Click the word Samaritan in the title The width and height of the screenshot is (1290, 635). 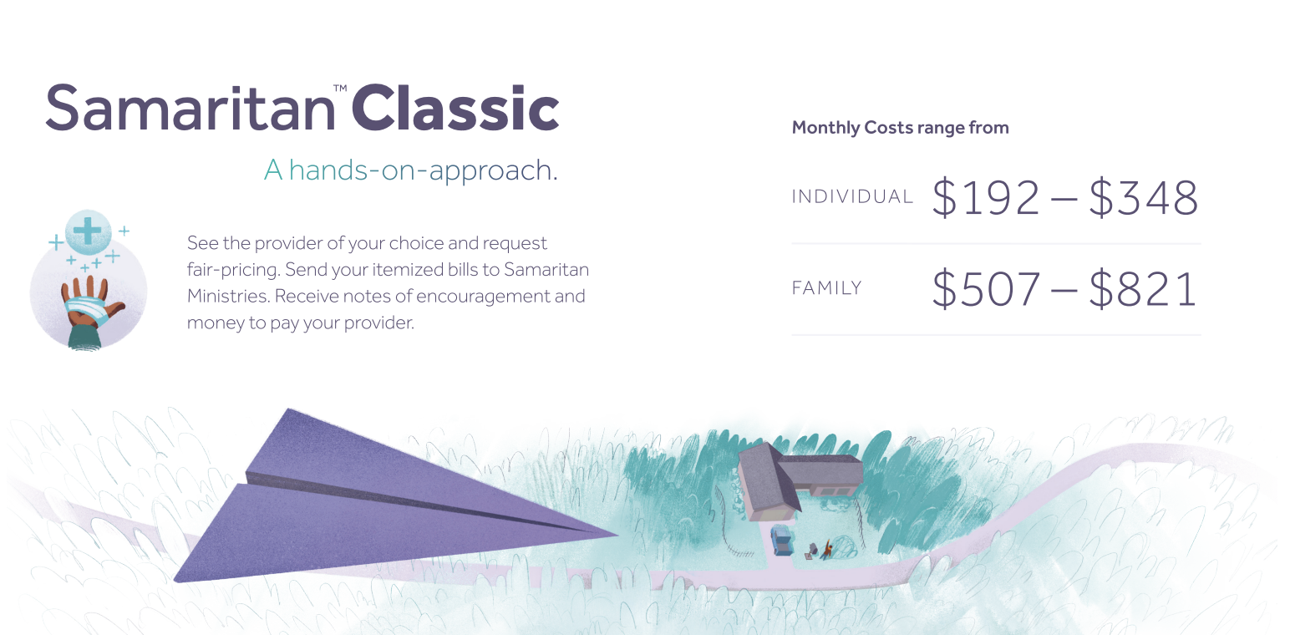coord(190,108)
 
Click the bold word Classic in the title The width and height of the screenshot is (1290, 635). coord(455,108)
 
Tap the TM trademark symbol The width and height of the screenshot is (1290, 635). coord(340,88)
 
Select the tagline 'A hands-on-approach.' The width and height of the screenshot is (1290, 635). coord(410,170)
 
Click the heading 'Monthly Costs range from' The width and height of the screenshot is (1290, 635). coord(900,127)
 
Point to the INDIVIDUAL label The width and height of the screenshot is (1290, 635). coord(852,197)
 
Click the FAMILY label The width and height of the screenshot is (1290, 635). coord(826,288)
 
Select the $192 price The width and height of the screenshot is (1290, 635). coord(986,198)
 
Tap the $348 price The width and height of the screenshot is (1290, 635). coord(1144,198)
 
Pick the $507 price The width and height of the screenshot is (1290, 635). coord(986,289)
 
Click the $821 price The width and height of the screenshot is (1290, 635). coord(1143,289)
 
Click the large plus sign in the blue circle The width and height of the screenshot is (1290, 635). coord(88,231)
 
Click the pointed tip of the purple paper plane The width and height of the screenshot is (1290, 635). coord(618,534)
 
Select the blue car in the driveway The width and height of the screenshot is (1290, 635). coord(781,540)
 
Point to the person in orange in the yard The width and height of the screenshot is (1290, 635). coord(827,549)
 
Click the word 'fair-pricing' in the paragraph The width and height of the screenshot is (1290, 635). coord(233,270)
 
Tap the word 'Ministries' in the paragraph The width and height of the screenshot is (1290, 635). coord(228,296)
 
